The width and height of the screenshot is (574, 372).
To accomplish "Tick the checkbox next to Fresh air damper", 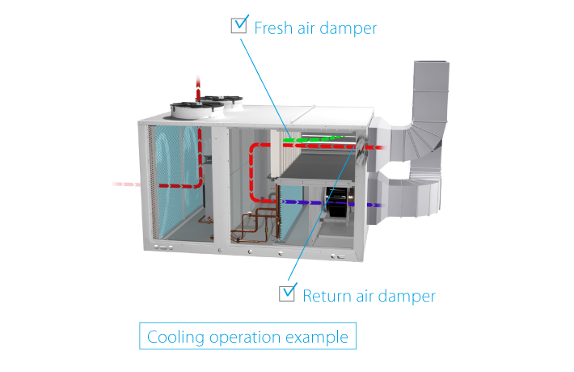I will coord(239,25).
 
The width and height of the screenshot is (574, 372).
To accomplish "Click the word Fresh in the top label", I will coord(272,28).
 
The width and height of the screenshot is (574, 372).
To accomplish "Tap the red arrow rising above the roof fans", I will coord(198,84).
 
